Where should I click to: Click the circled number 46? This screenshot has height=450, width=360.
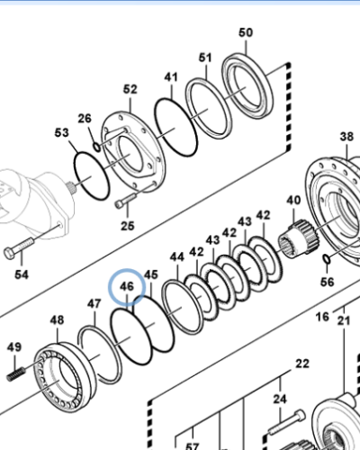[x=127, y=288]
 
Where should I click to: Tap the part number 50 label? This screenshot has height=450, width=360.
[x=246, y=33]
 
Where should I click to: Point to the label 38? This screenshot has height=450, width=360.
[x=346, y=138]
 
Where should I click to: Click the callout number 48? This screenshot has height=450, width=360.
[x=57, y=320]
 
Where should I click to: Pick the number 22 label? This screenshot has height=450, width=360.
[x=302, y=364]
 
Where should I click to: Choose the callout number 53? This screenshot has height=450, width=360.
[x=61, y=133]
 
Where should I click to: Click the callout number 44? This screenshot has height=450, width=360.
[x=176, y=257]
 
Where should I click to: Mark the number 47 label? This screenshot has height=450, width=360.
[x=94, y=304]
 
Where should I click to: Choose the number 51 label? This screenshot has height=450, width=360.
[x=205, y=59]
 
